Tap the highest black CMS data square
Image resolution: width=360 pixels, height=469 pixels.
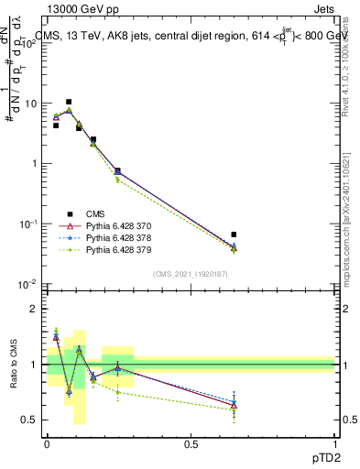tap(69, 103)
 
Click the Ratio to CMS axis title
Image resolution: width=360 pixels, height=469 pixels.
tap(13, 365)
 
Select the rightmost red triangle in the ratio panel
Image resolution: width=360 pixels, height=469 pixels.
tap(234, 405)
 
